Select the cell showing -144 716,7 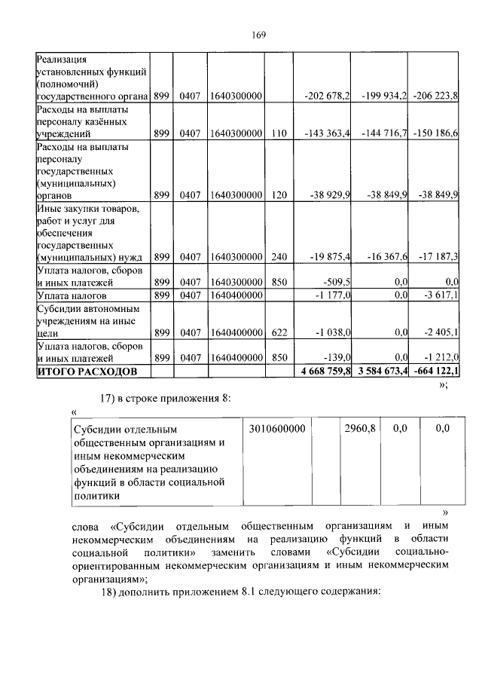[386, 133]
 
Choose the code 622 [279, 331]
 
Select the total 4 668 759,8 [325, 372]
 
